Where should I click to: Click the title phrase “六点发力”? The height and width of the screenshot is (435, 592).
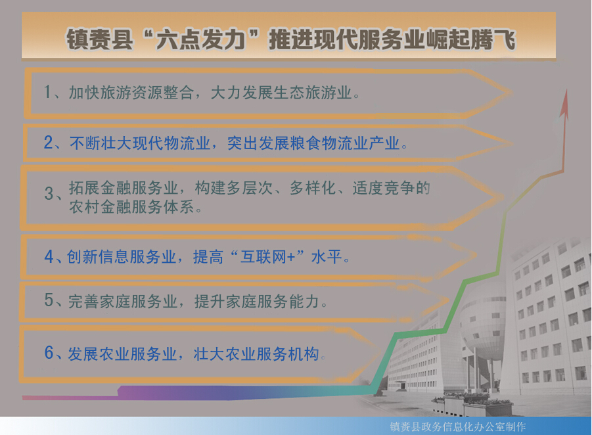coord(202,39)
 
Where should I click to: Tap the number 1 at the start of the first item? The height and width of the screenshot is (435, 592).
coord(47,92)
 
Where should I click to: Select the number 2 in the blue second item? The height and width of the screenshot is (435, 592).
coord(49,143)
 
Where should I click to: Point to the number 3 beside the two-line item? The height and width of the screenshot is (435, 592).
coord(49,193)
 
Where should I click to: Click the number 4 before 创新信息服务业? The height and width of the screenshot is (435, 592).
coord(49,257)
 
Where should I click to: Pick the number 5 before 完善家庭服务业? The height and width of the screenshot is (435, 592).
coord(49,300)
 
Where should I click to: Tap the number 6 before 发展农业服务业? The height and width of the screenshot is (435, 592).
coord(49,353)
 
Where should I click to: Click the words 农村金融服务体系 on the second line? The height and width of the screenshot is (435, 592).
coord(131,207)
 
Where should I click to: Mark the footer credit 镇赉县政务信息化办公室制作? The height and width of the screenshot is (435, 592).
coord(457,426)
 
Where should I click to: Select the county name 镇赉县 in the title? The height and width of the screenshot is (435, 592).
coord(100,39)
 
